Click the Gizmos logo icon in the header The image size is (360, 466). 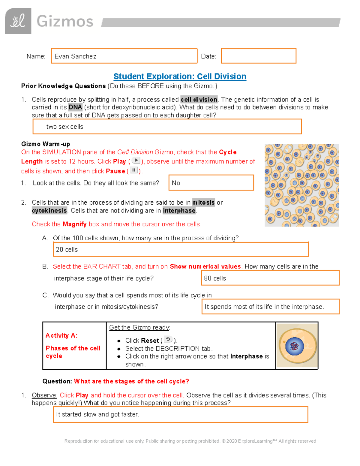pyautogui.click(x=18, y=21)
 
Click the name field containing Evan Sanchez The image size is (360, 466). pyautogui.click(x=124, y=56)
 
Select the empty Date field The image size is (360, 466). pyautogui.click(x=258, y=56)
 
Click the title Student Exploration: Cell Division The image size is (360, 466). pyautogui.click(x=180, y=77)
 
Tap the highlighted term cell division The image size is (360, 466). pyautogui.click(x=199, y=99)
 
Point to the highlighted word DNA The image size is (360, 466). pyautogui.click(x=75, y=107)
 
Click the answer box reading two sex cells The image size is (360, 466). pyautogui.click(x=167, y=127)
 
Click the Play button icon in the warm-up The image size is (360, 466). pyautogui.click(x=136, y=161)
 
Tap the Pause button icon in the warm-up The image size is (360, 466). pyautogui.click(x=134, y=170)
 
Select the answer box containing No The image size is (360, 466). pyautogui.click(x=211, y=183)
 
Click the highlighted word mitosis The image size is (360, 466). pyautogui.click(x=203, y=203)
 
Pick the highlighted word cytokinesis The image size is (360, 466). pyautogui.click(x=49, y=211)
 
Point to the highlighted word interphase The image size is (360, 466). pyautogui.click(x=179, y=211)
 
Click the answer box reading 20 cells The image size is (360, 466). pyautogui.click(x=181, y=249)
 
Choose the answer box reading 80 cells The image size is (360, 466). pyautogui.click(x=270, y=278)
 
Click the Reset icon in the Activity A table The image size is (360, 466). pyautogui.click(x=168, y=340)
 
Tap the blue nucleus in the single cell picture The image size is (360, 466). pyautogui.click(x=295, y=346)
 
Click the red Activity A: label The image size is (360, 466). pyautogui.click(x=61, y=335)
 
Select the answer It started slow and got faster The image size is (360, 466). pyautogui.click(x=180, y=414)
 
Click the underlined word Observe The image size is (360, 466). pyautogui.click(x=44, y=395)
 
